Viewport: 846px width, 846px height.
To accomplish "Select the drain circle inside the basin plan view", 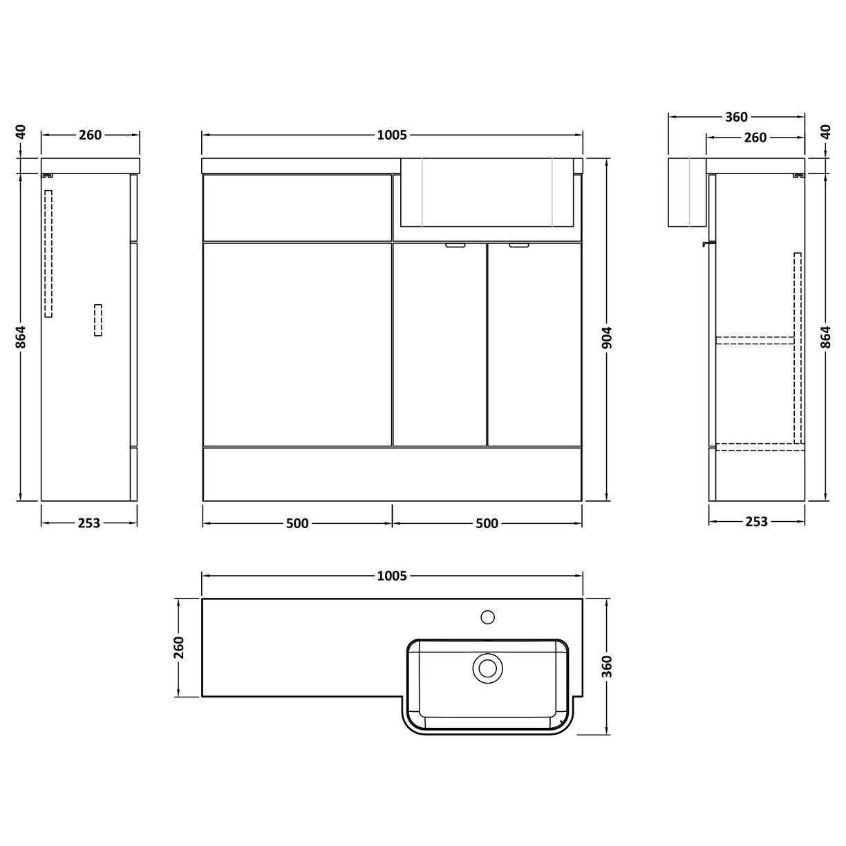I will [x=488, y=668].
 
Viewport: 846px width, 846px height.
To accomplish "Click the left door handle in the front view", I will [x=455, y=245].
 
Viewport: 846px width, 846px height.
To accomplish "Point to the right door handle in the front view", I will [x=518, y=245].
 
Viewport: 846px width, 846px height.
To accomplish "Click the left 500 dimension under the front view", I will [x=297, y=523].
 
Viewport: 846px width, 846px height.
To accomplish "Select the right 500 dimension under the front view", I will [x=487, y=523].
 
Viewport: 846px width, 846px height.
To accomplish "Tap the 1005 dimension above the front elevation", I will [x=392, y=135].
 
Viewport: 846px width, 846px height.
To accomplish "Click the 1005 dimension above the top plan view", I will [x=392, y=575].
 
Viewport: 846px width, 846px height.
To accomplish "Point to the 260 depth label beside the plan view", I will [x=179, y=648].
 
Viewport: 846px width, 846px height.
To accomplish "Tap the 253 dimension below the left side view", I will [x=88, y=523].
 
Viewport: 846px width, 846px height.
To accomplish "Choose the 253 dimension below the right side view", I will [x=757, y=522].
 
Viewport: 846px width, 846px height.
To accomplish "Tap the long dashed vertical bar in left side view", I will [x=48, y=254].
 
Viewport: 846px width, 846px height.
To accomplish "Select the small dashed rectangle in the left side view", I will [x=97, y=321].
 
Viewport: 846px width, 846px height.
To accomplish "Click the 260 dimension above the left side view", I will [x=90, y=135].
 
